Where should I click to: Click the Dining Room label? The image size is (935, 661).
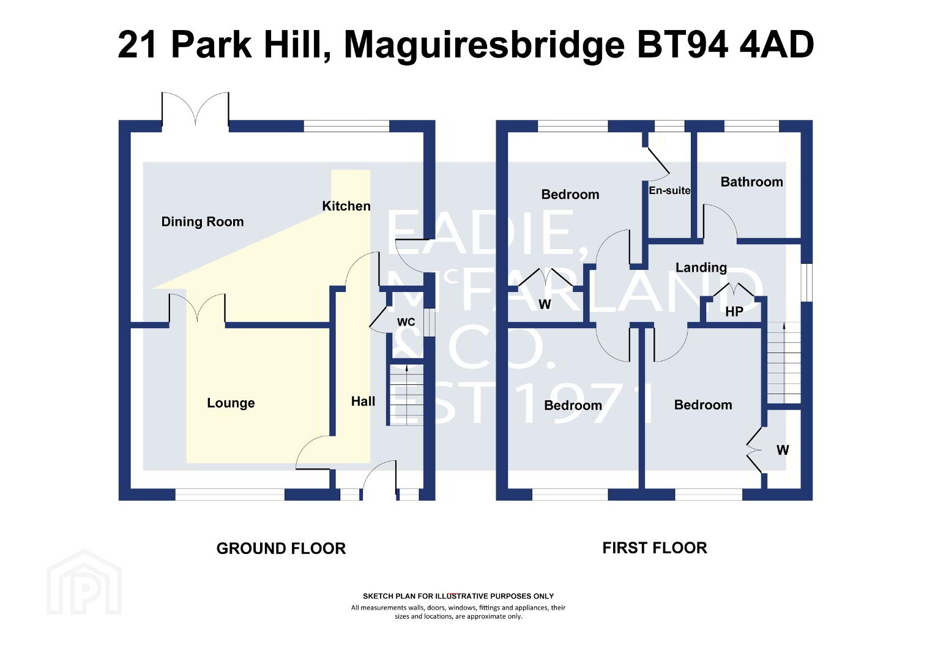point(203,222)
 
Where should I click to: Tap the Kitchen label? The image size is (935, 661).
point(346,206)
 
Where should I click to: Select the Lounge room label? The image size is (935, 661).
point(231,403)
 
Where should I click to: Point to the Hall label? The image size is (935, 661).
point(363,401)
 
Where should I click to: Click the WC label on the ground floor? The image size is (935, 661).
point(406,322)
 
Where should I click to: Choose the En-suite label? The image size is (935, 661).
point(669,190)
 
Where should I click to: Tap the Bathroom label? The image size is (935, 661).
point(751,182)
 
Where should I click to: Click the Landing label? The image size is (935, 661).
point(701,267)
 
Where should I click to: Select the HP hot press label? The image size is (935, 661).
point(734,312)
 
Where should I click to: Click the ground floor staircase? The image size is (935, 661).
point(406,395)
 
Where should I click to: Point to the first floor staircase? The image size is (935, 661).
point(784,362)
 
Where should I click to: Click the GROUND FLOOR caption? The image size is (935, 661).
point(281,548)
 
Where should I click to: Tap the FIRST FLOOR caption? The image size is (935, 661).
point(655,548)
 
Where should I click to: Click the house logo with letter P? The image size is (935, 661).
point(84,582)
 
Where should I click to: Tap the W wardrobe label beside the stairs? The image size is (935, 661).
point(782,450)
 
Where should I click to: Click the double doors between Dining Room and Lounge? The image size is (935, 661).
point(197,308)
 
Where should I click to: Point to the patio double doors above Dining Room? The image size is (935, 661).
point(195,108)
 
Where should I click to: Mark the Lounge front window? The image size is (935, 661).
point(229,495)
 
